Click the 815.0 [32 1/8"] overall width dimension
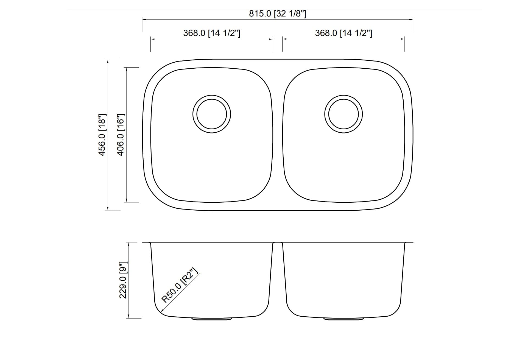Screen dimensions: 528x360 [x=277, y=13]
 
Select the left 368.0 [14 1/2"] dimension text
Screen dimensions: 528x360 [x=212, y=33]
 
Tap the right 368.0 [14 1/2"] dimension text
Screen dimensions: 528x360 [x=343, y=33]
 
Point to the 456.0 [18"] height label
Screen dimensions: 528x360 [x=102, y=135]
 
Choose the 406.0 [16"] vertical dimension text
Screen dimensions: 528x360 [x=121, y=135]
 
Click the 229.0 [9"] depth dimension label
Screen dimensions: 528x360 [x=123, y=280]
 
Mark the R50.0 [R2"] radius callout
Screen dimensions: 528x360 [x=180, y=286]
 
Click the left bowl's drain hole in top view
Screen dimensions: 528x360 [x=212, y=114]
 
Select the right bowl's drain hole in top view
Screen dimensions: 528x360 [x=343, y=114]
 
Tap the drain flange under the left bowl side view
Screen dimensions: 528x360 [x=212, y=319]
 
